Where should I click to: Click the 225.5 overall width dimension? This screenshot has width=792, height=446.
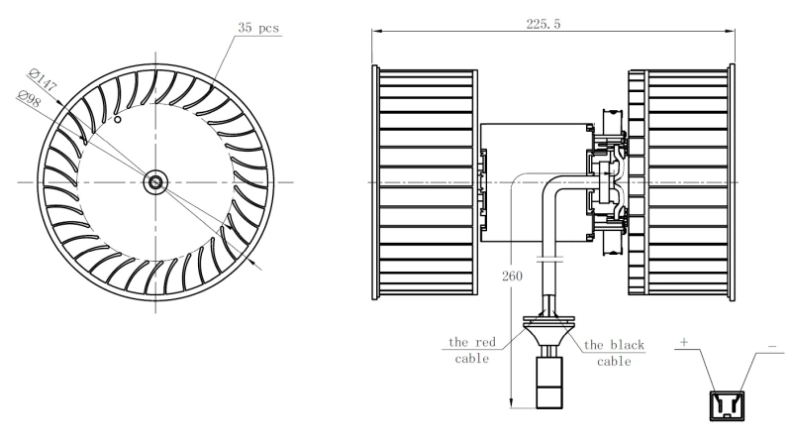pos(544,24)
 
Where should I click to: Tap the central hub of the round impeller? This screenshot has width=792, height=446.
pos(155,181)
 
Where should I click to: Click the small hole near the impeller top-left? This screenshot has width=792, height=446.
pos(118,120)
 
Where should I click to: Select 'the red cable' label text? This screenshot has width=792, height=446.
pos(471,350)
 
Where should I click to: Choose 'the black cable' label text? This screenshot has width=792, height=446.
pos(614,353)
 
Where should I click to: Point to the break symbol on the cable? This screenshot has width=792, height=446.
pos(548,260)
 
